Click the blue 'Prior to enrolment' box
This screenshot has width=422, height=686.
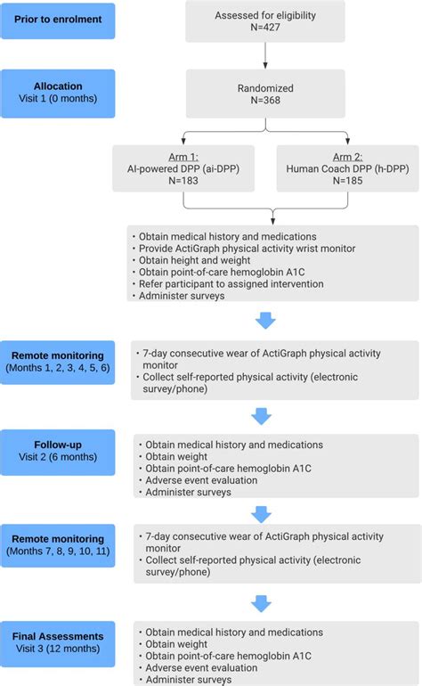coord(58,19)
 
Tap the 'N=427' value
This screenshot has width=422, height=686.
coord(264,29)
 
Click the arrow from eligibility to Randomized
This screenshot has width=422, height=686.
coord(264,56)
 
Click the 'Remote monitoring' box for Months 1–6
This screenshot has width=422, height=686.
coord(58,359)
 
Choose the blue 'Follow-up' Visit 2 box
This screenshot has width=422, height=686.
coord(58,453)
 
